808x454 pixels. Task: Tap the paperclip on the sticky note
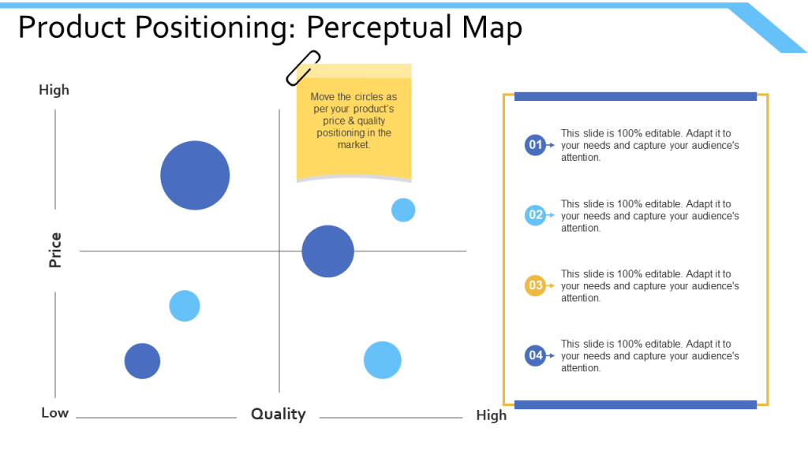(303, 68)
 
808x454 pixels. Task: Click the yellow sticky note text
(353, 121)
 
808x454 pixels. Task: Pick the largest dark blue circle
(195, 175)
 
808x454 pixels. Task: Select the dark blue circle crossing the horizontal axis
(327, 251)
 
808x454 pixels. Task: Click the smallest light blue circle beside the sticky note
(403, 210)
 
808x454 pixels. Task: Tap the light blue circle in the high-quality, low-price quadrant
(383, 360)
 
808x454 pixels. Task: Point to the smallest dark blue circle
(142, 361)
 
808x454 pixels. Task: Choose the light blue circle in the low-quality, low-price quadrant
(185, 306)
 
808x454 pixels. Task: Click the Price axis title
(55, 250)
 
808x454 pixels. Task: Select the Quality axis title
(278, 414)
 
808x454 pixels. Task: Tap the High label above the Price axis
(54, 90)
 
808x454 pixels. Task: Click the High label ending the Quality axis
(491, 415)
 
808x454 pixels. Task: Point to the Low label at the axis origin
(54, 413)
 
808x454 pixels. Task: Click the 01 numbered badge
(536, 145)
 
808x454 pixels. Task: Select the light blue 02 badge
(536, 215)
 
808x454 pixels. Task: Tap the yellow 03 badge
(536, 285)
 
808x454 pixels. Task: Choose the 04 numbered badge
(536, 355)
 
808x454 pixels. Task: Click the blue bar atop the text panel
(635, 96)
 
